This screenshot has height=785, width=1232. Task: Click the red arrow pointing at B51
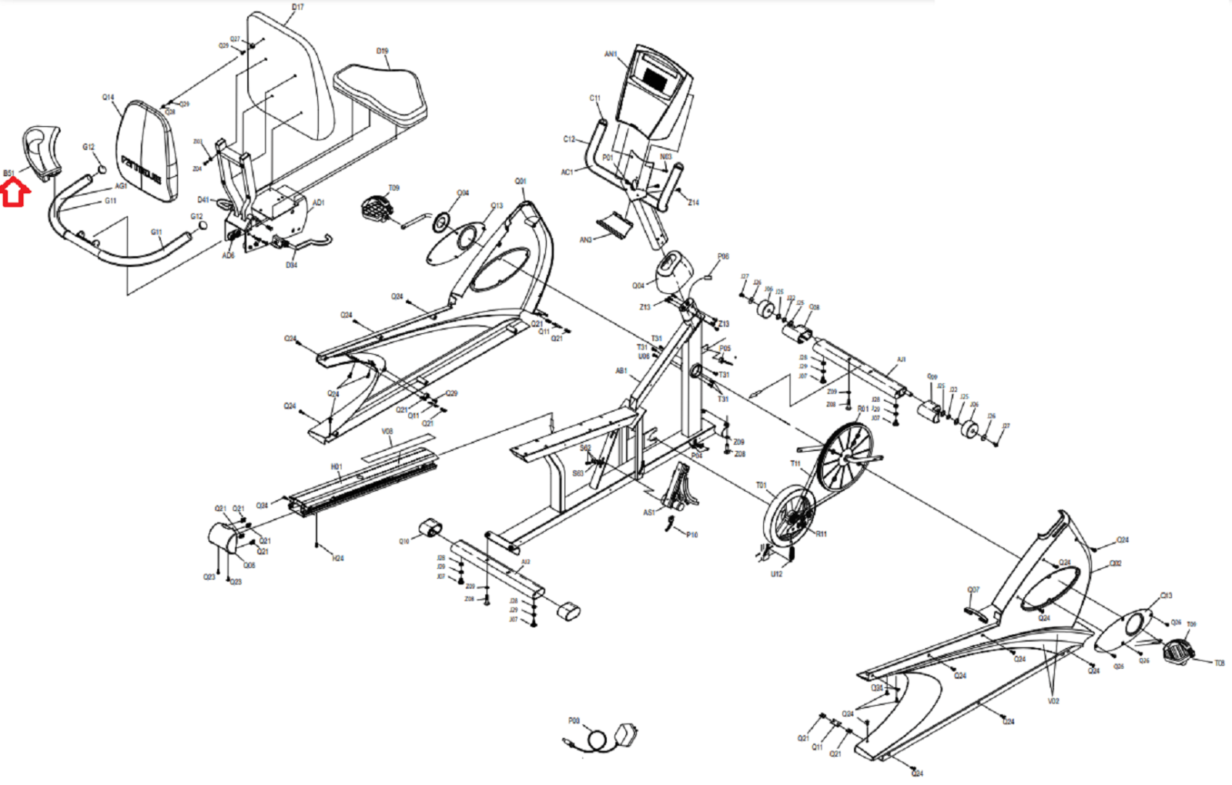tap(15, 193)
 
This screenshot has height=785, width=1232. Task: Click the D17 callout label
tap(298, 7)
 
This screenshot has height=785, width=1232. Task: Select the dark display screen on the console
tap(654, 78)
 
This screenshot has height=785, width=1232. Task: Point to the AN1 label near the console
tap(611, 54)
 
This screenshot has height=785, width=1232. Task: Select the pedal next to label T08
tap(1178, 652)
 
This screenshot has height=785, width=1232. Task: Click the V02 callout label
tap(1053, 701)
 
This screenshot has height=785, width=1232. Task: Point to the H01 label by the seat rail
tap(336, 467)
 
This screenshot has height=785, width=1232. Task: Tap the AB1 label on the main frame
tap(621, 371)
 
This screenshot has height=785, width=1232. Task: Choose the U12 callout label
tap(776, 573)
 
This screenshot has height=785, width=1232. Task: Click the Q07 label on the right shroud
tap(973, 590)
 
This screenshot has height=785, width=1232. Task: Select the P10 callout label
tap(692, 535)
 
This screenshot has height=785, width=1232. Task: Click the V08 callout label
tap(387, 432)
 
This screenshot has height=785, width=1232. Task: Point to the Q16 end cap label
tap(404, 542)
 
